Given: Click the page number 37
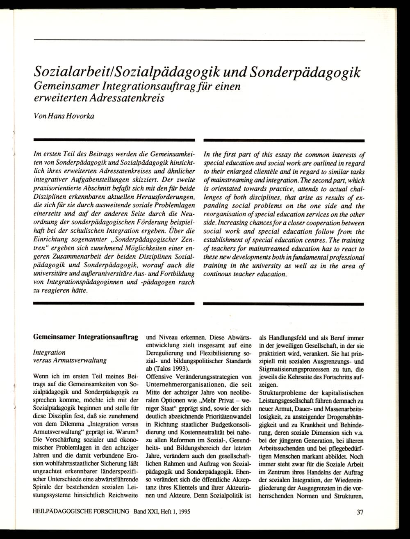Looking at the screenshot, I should click(360, 512).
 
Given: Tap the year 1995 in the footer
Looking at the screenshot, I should click(182, 512).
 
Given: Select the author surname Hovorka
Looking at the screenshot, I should click(82, 116).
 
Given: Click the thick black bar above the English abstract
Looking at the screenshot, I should click(283, 140).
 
